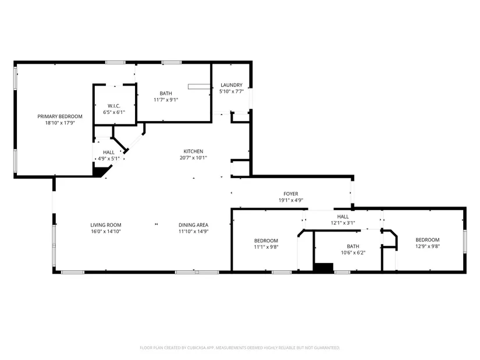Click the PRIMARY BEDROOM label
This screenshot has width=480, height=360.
click(x=60, y=116)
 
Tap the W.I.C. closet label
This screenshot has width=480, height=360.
click(x=114, y=106)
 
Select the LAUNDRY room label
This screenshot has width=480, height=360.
click(x=232, y=85)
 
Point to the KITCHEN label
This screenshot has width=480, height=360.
click(x=193, y=151)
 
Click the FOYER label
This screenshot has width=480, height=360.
click(x=291, y=194)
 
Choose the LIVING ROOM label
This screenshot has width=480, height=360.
click(x=106, y=224)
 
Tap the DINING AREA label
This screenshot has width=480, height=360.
click(x=194, y=224)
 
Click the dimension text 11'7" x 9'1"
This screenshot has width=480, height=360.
click(x=166, y=100)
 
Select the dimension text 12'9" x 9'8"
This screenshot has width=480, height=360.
click(x=428, y=246)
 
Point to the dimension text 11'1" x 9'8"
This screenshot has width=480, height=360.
click(x=266, y=247)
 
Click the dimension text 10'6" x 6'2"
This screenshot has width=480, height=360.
click(x=353, y=252)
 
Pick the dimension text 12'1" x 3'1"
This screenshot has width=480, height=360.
click(x=343, y=223)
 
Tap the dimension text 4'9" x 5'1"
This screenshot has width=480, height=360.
click(x=109, y=159)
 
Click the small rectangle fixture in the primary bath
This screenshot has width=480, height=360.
click(x=199, y=87)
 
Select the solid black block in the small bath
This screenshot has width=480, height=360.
click(x=323, y=268)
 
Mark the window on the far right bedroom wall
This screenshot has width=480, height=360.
click(x=465, y=241)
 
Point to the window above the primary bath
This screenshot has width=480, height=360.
click(x=172, y=62)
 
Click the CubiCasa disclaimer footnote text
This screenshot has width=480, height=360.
click(x=240, y=348)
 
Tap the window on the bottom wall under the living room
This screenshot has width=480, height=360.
click(x=73, y=272)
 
